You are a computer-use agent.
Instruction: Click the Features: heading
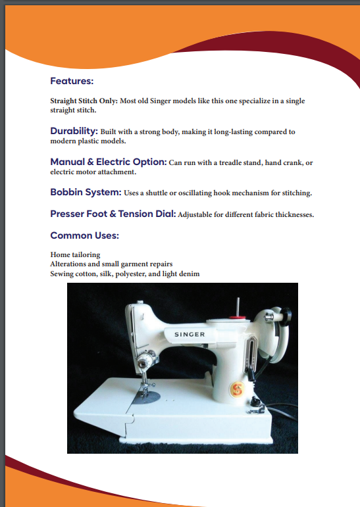[72, 82]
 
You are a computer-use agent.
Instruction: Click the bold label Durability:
[74, 132]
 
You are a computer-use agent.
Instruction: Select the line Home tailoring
[75, 254]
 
